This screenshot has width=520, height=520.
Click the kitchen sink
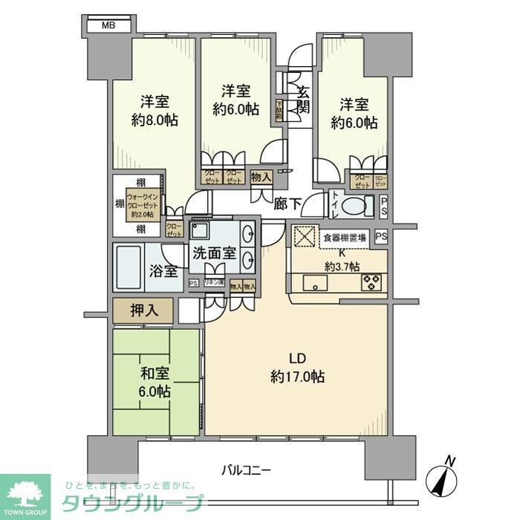311,282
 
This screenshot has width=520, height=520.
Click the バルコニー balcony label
247,469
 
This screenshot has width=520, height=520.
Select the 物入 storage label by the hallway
260,177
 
